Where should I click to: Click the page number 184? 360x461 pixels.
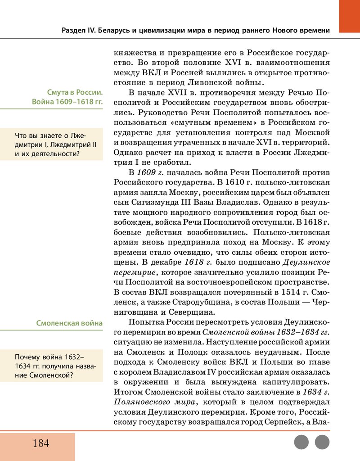pyautogui.click(x=40, y=443)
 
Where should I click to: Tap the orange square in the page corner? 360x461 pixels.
pyautogui.click(x=349, y=16)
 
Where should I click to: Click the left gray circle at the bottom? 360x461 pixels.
pyautogui.click(x=301, y=442)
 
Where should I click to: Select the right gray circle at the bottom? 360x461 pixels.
pyautogui.click(x=322, y=442)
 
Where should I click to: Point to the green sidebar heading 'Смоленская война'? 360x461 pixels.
pyautogui.click(x=69, y=323)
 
